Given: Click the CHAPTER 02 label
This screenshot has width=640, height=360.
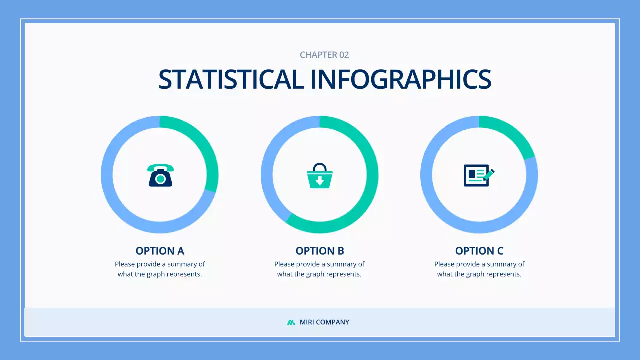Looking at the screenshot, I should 324,55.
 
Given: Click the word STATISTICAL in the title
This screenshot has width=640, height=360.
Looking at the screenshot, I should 231,79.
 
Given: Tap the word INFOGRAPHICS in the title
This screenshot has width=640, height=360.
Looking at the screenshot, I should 401,79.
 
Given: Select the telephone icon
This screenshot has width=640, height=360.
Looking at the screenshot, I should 160,175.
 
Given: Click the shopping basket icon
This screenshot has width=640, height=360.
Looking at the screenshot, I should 320,176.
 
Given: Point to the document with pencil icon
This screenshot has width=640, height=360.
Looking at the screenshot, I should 478,175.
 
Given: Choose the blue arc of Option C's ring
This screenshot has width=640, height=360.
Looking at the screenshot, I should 440,210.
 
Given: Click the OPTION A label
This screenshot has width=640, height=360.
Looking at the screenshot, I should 160,251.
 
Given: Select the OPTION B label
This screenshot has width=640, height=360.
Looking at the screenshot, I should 320,251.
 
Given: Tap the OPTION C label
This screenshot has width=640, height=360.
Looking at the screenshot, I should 479,251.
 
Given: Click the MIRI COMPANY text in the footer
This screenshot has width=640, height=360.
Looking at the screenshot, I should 324,322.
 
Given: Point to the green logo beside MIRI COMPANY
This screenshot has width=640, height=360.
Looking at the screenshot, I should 291,322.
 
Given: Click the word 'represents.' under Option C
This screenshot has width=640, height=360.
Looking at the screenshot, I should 504,274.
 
